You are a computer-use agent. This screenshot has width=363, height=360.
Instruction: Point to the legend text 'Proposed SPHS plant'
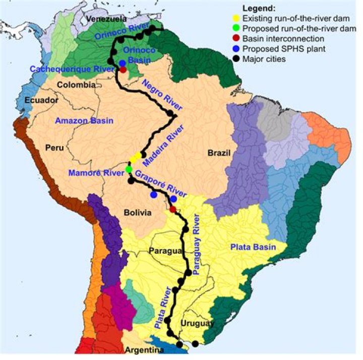291,48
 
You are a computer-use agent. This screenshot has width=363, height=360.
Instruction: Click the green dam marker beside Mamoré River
129,170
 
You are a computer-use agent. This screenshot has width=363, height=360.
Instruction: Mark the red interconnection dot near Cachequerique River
123,69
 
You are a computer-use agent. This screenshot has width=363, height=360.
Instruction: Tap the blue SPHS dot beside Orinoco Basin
123,63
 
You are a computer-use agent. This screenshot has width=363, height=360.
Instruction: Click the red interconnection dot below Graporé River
173,209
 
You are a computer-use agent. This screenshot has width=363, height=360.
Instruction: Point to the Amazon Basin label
84,121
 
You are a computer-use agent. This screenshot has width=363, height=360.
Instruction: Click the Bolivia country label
138,213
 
